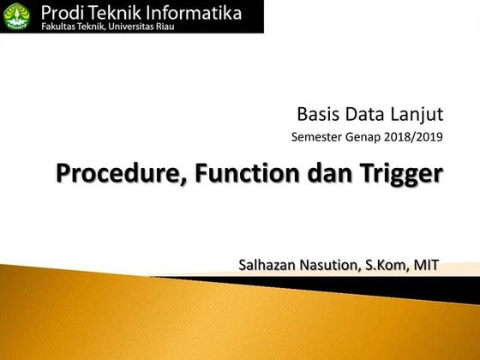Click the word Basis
(317, 112)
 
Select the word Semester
(320, 136)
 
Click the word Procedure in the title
(122, 174)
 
